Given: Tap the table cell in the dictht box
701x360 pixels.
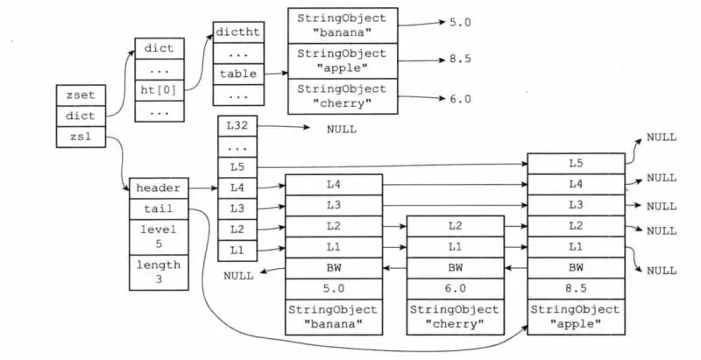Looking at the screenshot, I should tap(238, 74).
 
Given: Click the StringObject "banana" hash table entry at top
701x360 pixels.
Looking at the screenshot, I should tap(342, 25).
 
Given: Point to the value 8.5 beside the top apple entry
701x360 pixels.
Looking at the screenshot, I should tap(459, 60).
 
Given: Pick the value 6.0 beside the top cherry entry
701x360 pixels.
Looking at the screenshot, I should tap(459, 98).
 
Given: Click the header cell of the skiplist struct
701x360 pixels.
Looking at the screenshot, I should tap(159, 188).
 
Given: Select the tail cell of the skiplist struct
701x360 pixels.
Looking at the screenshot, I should tap(159, 209).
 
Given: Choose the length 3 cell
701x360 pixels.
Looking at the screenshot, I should tap(159, 272).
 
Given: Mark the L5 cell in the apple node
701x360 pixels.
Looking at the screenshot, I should tap(575, 164).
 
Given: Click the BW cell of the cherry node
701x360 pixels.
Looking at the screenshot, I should tap(455, 266).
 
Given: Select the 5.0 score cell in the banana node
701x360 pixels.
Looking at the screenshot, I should tap(333, 286).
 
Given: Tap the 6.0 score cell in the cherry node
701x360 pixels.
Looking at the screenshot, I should tap(455, 286).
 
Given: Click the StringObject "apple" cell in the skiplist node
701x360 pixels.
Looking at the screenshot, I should tap(575, 316).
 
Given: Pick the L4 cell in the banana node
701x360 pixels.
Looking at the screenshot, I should tap(333, 185).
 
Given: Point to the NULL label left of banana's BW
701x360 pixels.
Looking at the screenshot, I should tap(238, 276).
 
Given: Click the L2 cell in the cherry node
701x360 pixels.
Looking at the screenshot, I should tap(455, 226).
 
